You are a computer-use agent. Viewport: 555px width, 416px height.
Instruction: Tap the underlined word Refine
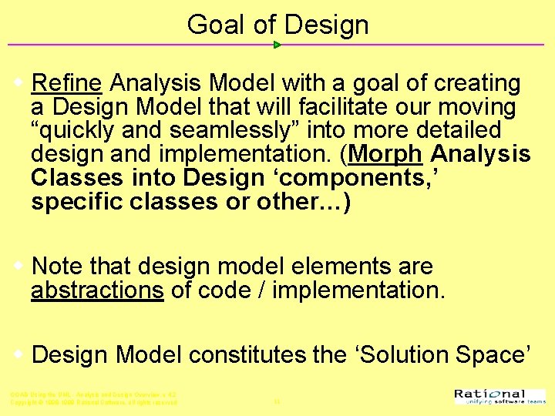click(x=67, y=83)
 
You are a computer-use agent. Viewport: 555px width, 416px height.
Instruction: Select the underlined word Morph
click(x=385, y=154)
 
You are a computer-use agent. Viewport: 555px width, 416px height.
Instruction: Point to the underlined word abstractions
click(x=97, y=290)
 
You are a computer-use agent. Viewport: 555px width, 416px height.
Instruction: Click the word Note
click(x=59, y=267)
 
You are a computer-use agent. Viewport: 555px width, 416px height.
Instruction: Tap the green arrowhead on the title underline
click(x=277, y=45)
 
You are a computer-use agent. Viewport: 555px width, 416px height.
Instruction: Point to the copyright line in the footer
click(x=93, y=402)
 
